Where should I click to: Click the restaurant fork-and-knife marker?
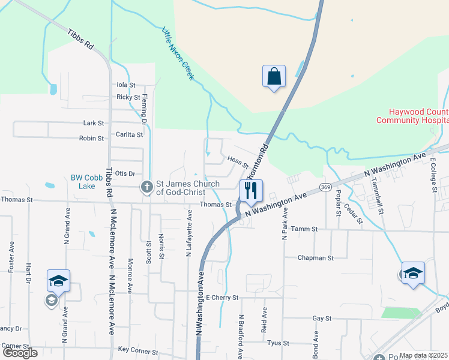pos(252,191)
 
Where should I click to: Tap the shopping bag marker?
pos(273,77)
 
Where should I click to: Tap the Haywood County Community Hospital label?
pos(411,116)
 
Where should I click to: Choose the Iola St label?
pos(126,85)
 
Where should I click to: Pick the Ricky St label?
pos(128,97)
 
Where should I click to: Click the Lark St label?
pos(94,123)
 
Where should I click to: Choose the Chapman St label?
pos(315,258)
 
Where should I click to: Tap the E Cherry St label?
pos(222,298)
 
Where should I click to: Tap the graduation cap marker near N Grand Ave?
pos(58,281)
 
